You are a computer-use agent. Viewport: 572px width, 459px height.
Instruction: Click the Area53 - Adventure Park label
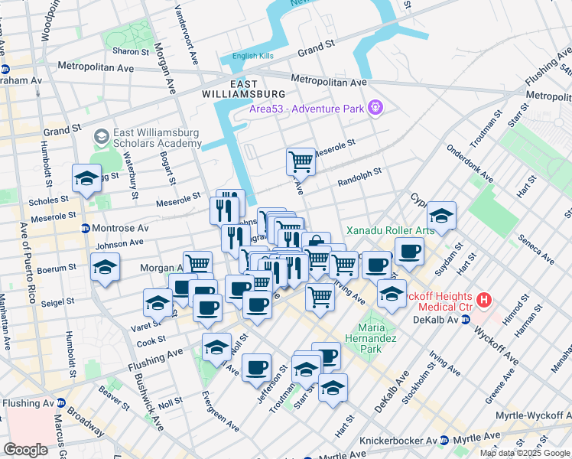click(x=306, y=109)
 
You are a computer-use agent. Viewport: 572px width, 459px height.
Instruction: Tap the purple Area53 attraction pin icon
click(x=375, y=108)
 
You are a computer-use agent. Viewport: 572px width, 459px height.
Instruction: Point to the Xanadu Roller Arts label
click(x=390, y=230)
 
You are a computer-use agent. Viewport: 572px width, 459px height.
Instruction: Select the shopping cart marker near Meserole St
click(x=301, y=161)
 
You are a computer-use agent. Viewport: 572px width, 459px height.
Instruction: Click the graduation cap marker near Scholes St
click(x=86, y=179)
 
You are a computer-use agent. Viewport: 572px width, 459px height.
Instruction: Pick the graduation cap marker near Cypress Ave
click(x=441, y=215)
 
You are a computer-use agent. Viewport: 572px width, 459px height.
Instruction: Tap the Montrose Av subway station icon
click(x=86, y=228)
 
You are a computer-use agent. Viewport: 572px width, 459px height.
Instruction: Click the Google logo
click(x=26, y=450)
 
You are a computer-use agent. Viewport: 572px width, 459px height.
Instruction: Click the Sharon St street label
click(x=131, y=51)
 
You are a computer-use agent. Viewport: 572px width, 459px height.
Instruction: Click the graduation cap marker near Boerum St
click(x=105, y=267)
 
